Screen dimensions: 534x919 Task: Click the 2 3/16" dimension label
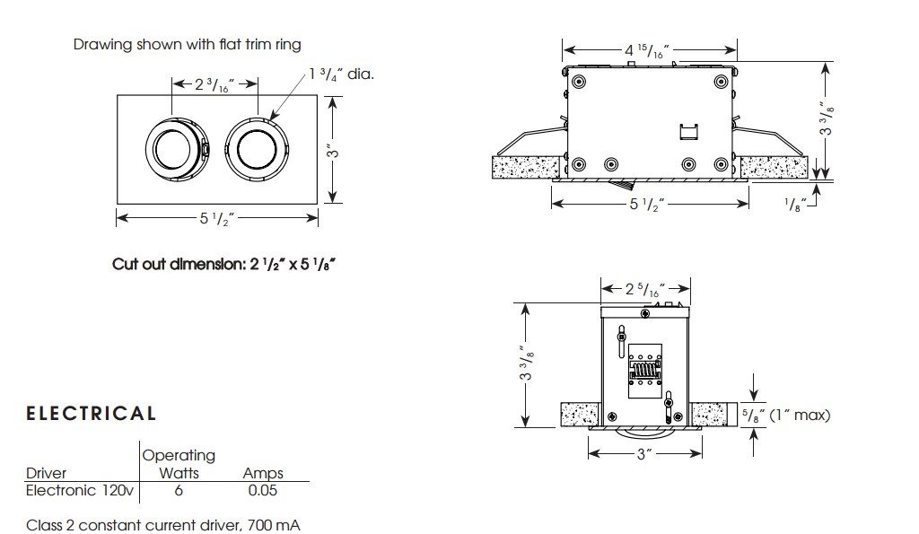216,85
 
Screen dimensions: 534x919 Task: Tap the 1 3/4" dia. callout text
341,74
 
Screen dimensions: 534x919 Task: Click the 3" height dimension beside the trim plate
332,153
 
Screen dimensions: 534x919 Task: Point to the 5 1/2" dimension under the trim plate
216,216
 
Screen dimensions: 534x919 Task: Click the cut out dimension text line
229,264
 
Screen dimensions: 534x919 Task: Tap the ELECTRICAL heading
92,414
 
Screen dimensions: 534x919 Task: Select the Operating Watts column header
179,463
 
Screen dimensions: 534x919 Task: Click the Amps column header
263,473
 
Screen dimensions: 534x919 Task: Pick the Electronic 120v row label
80,490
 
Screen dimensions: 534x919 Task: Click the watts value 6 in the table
179,490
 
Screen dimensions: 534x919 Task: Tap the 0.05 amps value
263,490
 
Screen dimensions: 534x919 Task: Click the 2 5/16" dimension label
644,289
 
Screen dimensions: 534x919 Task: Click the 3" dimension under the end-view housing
643,454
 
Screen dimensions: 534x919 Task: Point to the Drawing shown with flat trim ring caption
188,44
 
